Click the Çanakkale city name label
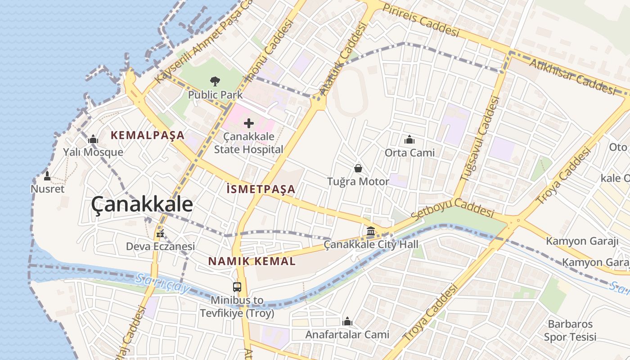click(x=142, y=204)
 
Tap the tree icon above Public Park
click(x=215, y=81)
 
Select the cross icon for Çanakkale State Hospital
click(x=248, y=123)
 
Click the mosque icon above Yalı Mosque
click(x=93, y=139)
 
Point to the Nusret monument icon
click(x=47, y=176)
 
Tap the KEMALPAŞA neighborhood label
click(x=148, y=135)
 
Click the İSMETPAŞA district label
click(x=261, y=189)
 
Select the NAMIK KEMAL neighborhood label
click(x=252, y=261)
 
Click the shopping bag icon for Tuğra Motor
click(x=358, y=168)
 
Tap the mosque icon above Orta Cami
click(x=409, y=140)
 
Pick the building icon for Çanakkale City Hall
click(x=371, y=231)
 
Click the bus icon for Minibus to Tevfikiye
click(x=237, y=287)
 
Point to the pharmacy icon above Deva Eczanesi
click(x=159, y=234)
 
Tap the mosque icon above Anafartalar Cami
click(x=347, y=321)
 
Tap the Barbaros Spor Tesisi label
click(x=570, y=330)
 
